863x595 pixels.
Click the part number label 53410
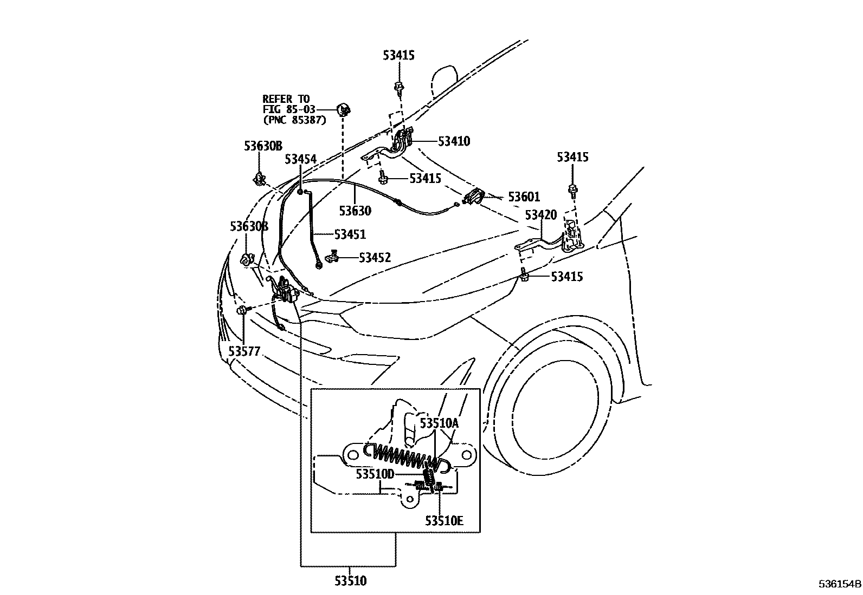point(454,141)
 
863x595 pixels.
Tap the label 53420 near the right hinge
point(540,215)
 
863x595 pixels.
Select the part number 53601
point(524,197)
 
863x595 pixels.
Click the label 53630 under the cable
point(355,211)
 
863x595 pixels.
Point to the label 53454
point(300,159)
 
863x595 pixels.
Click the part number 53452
point(375,258)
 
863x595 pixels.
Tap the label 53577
point(244,351)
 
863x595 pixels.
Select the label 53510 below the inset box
point(350,581)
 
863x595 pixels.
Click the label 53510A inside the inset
point(439,423)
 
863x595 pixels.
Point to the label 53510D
point(375,474)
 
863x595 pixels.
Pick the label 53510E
point(444,521)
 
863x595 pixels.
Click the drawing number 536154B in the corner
point(840,585)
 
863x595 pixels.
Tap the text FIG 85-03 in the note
point(288,110)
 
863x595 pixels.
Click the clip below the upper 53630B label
point(259,178)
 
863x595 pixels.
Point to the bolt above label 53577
point(242,310)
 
